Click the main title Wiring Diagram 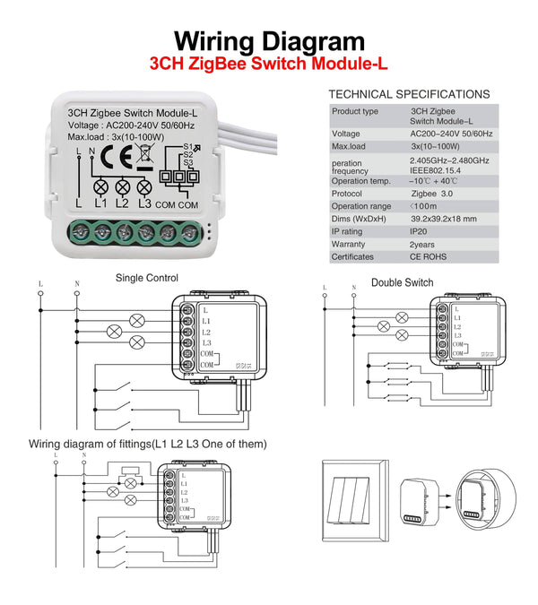269,41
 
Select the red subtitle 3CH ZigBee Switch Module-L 269,65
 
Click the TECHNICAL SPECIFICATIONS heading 409,94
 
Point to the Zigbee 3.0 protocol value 430,193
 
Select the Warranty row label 349,244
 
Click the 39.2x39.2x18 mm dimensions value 444,219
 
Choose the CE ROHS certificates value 429,257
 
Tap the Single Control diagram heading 147,278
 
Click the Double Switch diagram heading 402,282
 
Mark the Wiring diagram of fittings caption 147,444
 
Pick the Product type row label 355,111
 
